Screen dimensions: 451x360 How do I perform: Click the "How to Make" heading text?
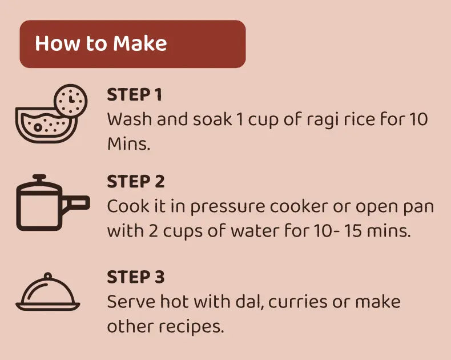coord(101,43)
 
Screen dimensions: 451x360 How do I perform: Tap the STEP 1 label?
coord(135,95)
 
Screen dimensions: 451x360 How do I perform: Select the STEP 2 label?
coord(136,182)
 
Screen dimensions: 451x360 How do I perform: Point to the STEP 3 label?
coord(136,277)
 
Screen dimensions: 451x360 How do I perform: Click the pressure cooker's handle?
coord(75,202)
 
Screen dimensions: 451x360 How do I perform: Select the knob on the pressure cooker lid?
coord(39,178)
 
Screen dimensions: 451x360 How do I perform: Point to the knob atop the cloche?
coord(48,276)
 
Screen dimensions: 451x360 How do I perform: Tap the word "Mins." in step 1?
coord(129,143)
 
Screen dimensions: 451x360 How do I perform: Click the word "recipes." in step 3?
coord(191,327)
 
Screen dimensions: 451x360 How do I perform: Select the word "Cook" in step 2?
coord(128,206)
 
